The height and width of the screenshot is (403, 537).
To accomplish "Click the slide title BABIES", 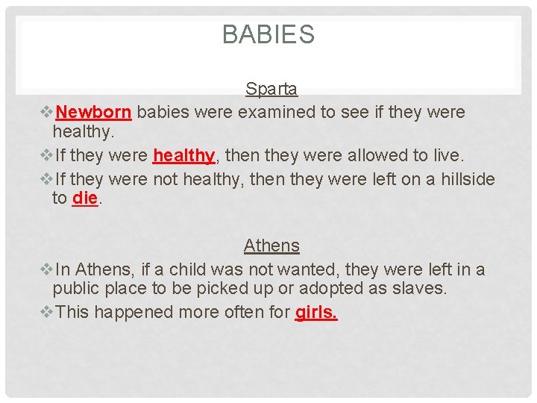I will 268,34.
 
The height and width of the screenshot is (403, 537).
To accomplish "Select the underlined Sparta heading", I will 271,90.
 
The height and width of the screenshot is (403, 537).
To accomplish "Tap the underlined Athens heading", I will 271,246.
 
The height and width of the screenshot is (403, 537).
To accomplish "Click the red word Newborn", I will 94,113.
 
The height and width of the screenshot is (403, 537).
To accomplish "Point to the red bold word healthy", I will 183,156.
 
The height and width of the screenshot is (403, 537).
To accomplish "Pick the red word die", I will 85,199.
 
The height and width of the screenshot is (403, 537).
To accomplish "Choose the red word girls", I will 316,312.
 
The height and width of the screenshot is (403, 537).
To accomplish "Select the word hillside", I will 465,180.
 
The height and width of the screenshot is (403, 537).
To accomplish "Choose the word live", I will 447,156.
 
